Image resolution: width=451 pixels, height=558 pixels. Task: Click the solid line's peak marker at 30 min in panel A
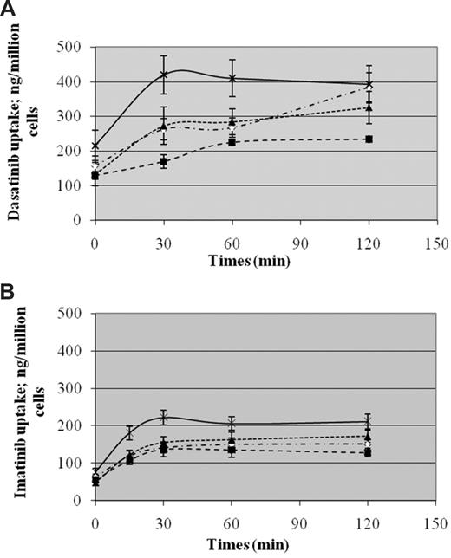(163, 75)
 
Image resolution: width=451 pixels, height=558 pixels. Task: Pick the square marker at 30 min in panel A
(163, 161)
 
